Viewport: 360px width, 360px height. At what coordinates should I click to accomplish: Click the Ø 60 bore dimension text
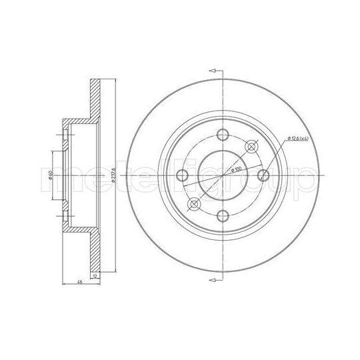pyautogui.click(x=51, y=177)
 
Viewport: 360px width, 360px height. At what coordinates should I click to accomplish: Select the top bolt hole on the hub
pyautogui.click(x=223, y=132)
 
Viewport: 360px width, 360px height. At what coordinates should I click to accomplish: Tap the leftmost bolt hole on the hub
pyautogui.click(x=180, y=175)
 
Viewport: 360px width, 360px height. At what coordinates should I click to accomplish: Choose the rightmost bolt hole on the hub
pyautogui.click(x=265, y=175)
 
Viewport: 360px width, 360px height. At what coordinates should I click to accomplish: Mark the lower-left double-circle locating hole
pyautogui.click(x=194, y=204)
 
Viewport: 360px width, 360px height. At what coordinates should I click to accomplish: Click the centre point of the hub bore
pyautogui.click(x=223, y=175)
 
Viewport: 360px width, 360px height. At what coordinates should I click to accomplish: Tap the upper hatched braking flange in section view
pyautogui.click(x=95, y=100)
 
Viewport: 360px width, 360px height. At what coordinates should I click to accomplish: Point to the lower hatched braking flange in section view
pyautogui.click(x=95, y=250)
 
